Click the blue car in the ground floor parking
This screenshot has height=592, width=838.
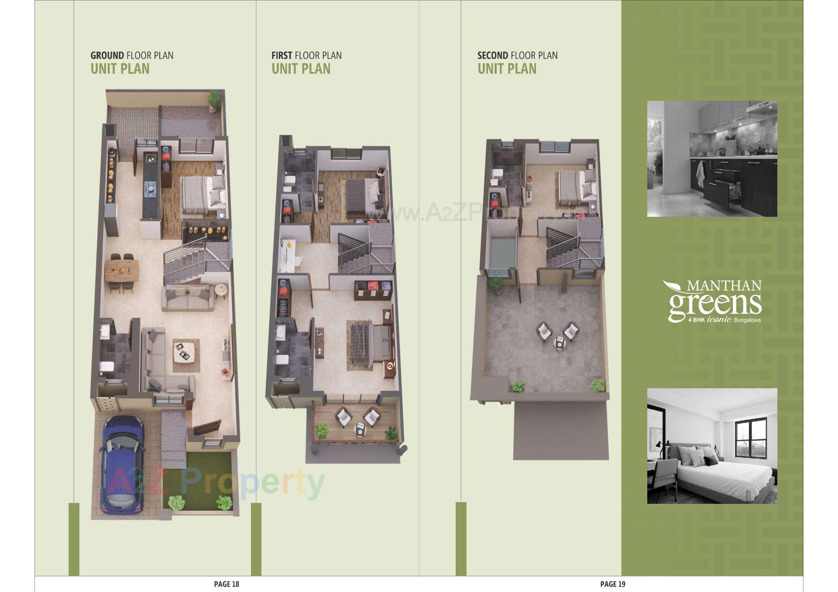122,462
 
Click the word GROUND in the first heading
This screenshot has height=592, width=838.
107,56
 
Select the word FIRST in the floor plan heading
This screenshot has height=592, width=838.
282,56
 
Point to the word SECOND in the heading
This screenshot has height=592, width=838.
493,56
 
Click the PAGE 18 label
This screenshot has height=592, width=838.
227,584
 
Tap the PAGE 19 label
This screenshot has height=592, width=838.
613,584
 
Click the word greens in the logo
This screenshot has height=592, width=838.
715,305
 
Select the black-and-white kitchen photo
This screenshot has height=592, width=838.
712,159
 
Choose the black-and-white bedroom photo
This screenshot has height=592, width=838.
712,446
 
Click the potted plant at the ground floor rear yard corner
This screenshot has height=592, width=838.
214,99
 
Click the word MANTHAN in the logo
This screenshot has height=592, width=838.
724,286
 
